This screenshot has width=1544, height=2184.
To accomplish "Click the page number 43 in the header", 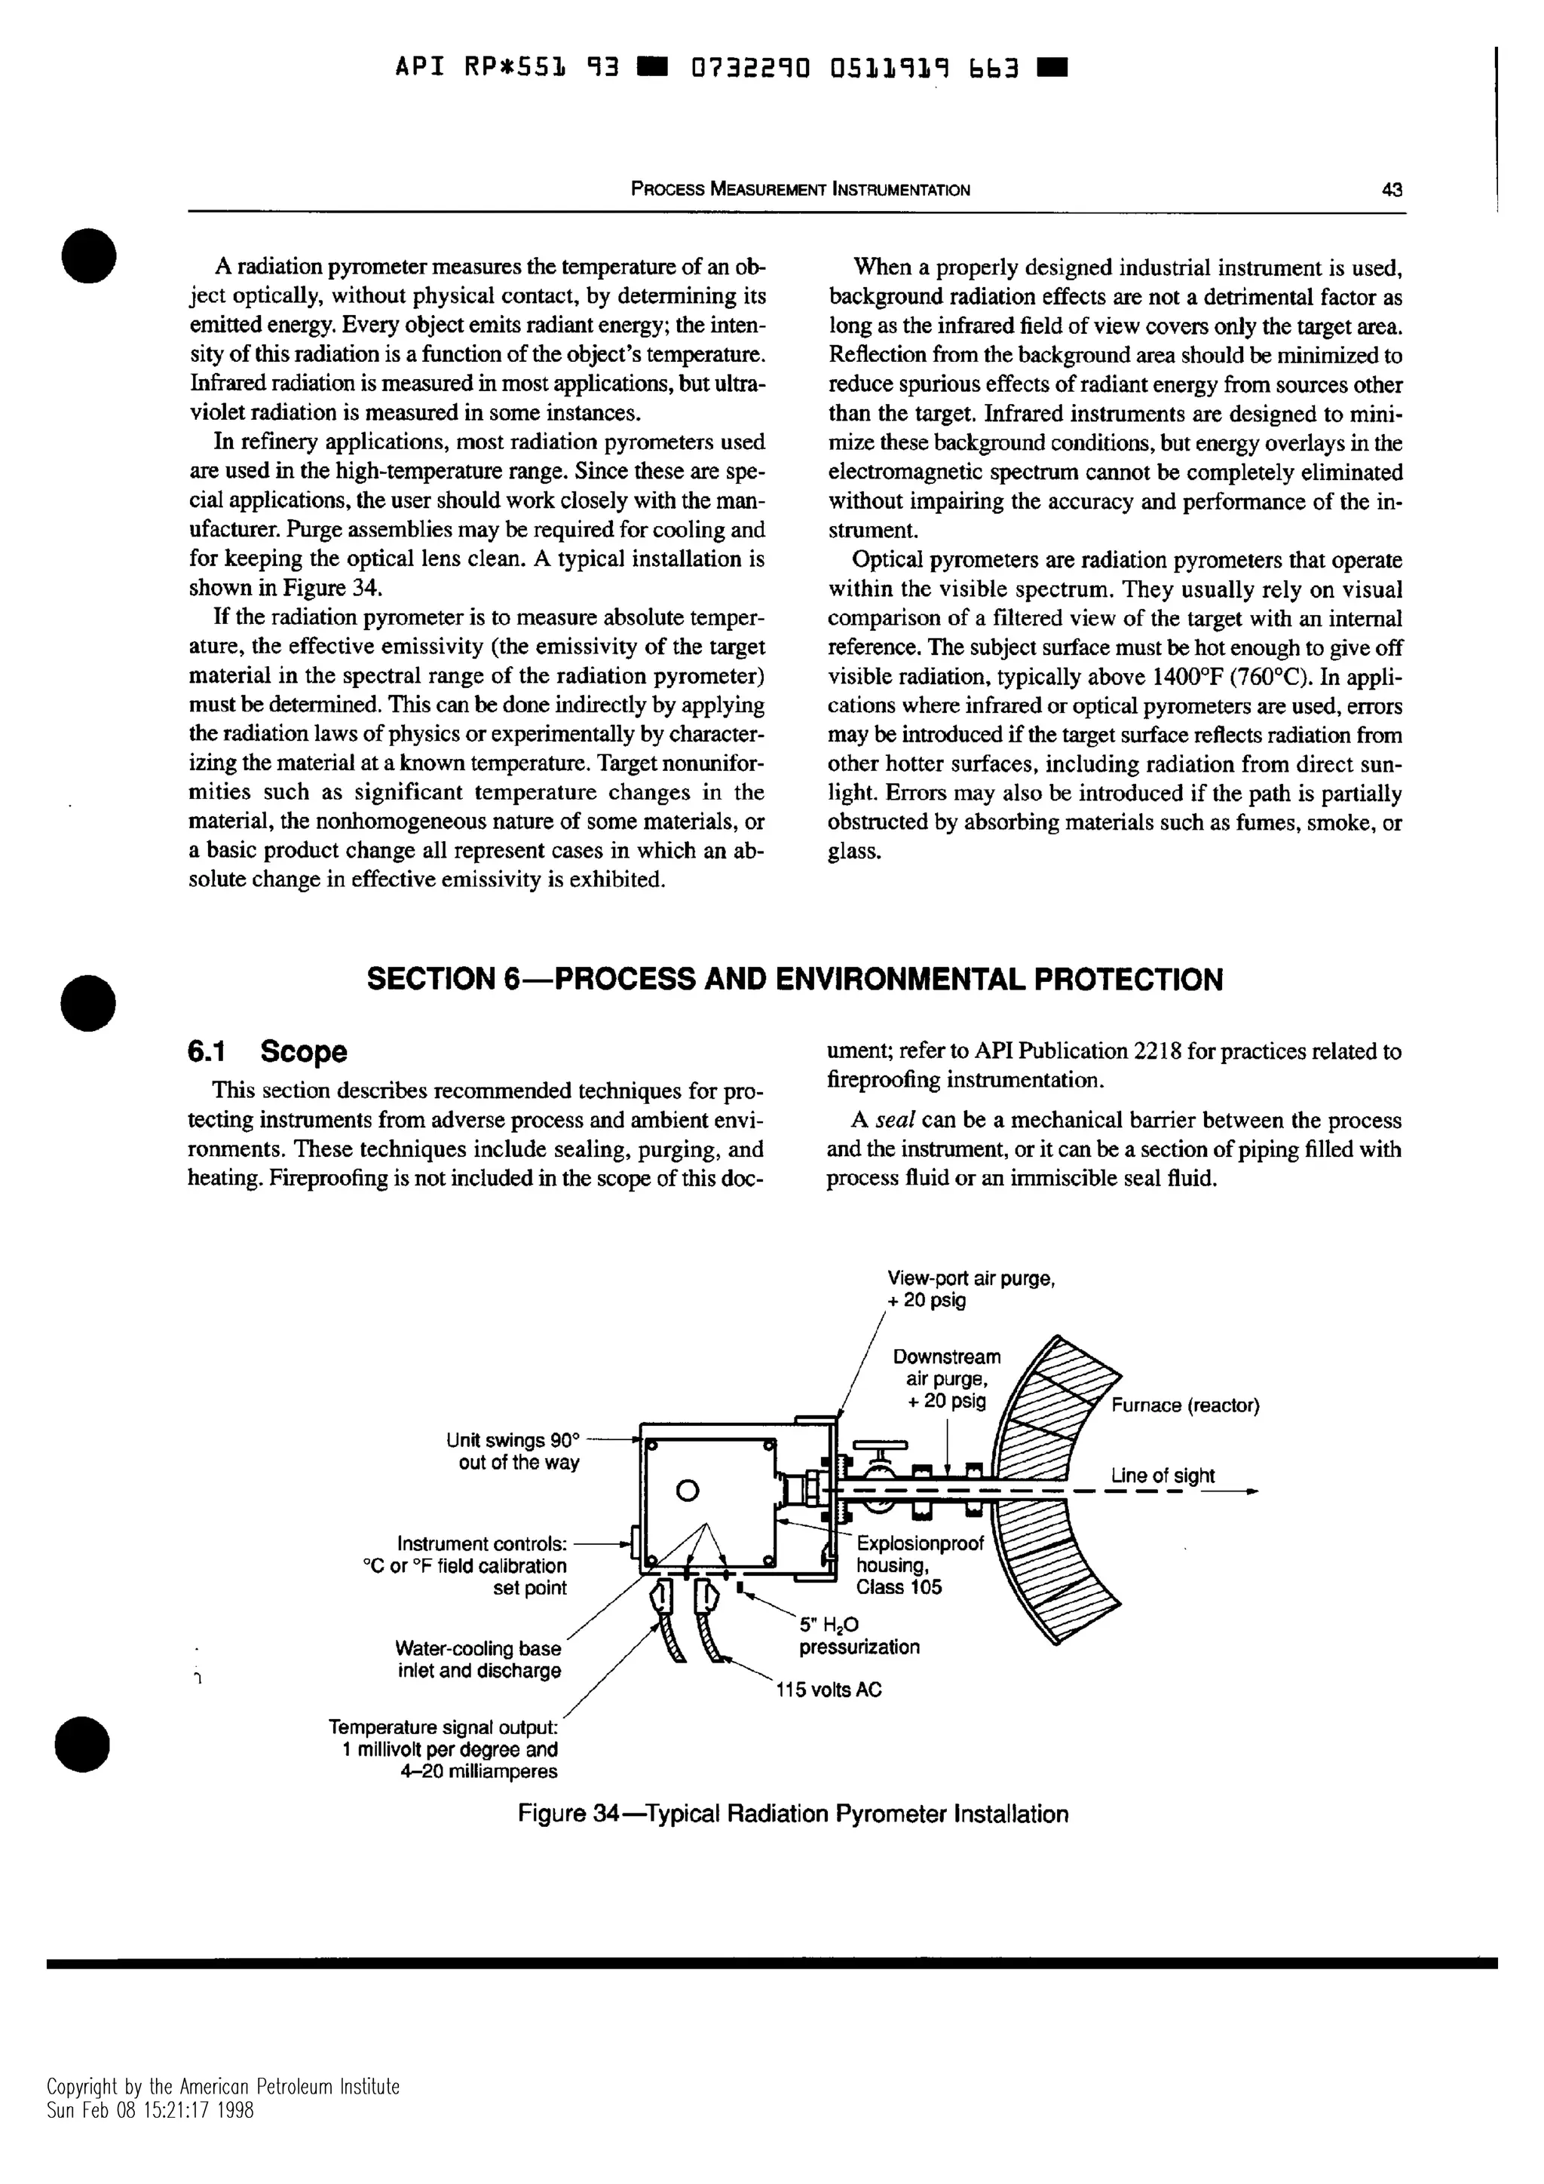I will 1391,189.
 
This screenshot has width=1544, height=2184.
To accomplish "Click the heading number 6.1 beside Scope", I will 207,1052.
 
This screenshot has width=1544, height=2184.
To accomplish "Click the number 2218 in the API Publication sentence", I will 1159,1051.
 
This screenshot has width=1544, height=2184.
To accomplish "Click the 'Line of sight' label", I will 1163,1476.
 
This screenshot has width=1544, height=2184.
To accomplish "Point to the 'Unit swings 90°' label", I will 512,1441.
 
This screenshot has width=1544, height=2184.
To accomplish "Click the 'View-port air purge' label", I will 970,1278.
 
